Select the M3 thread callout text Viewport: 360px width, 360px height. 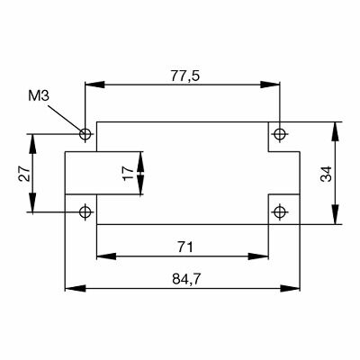coord(39,94)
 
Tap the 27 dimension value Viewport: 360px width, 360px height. coord(24,174)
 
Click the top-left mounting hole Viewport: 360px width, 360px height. coord(86,135)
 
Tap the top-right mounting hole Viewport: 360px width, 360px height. coord(280,135)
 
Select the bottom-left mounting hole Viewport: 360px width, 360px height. coord(86,212)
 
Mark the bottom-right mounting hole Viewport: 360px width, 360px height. coord(280,212)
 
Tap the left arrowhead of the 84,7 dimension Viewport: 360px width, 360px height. coord(70,289)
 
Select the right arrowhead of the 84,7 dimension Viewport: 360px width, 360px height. coord(294,289)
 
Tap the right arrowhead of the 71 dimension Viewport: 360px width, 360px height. coord(264,257)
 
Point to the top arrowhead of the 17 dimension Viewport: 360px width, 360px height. coord(140,157)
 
